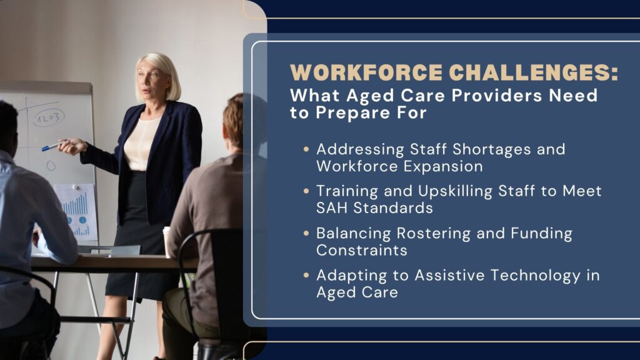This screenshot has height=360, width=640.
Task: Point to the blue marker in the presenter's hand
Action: (x=50, y=147)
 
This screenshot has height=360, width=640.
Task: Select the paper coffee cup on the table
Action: (x=166, y=241)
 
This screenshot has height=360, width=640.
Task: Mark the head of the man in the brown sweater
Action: (x=234, y=119)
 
